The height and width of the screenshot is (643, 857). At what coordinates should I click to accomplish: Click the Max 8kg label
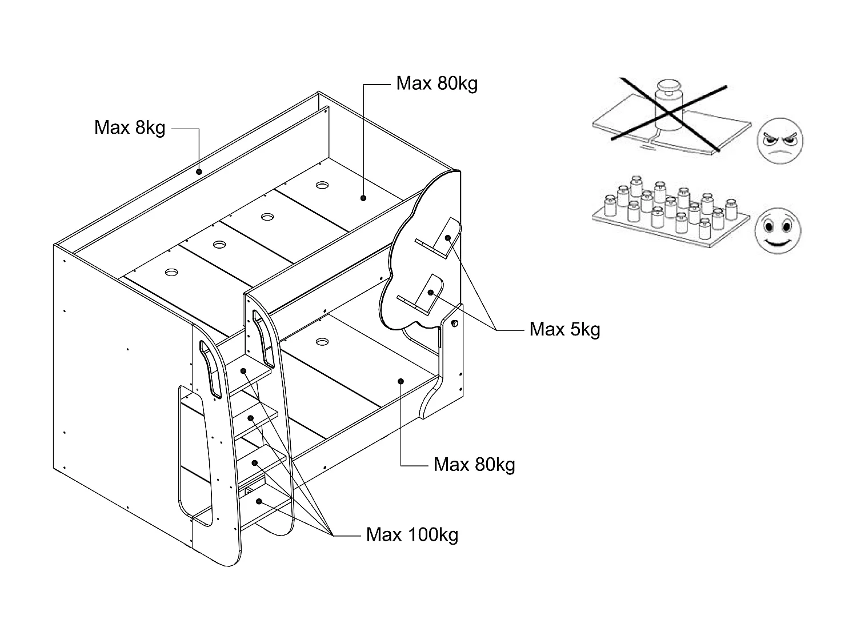[130, 127]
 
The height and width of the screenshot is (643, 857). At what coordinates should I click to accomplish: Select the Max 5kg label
[564, 329]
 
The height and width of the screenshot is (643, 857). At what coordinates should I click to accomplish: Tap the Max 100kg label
[412, 535]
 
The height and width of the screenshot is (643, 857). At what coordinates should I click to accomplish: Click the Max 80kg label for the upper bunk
[436, 83]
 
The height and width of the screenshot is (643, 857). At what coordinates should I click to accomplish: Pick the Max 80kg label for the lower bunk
[474, 464]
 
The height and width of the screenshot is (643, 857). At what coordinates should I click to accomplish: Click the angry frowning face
[780, 139]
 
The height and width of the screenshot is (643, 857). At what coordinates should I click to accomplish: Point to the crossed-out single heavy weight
[668, 109]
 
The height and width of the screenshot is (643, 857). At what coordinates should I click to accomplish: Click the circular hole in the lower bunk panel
[322, 342]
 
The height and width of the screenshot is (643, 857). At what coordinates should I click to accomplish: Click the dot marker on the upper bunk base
[363, 198]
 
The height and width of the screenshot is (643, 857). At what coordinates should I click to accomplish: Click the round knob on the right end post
[454, 324]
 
